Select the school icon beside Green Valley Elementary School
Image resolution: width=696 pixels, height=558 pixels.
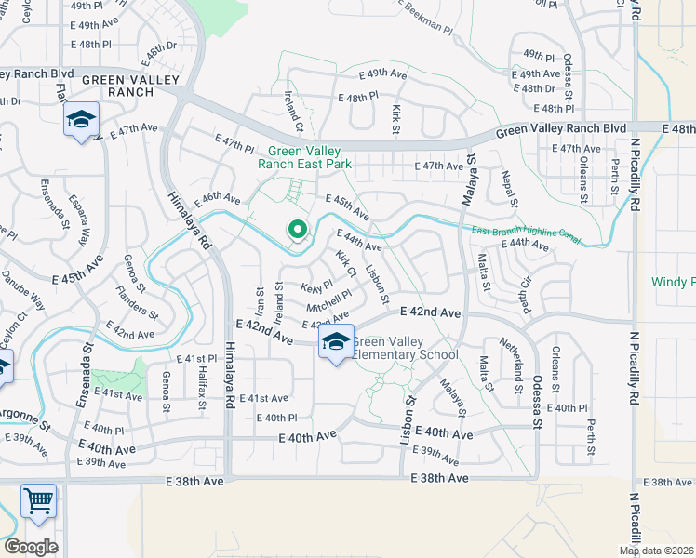pos(336,342)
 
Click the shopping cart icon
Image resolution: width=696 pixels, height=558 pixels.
pos(39,501)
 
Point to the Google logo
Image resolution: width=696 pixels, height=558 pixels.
pos(31,547)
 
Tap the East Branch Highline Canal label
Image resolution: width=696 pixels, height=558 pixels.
pos(526,236)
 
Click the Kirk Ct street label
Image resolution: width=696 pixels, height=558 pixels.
pos(346,264)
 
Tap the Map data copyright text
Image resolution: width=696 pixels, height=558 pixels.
pos(657,551)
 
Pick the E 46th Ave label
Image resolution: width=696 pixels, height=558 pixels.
pos(217,199)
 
